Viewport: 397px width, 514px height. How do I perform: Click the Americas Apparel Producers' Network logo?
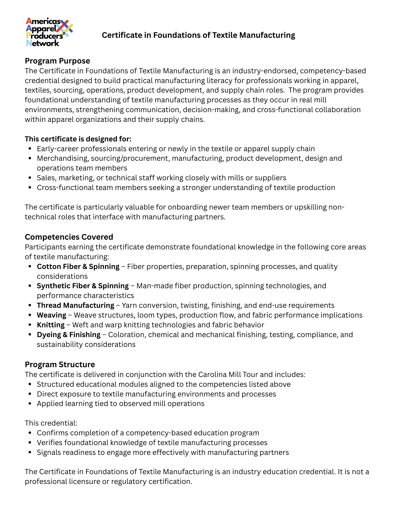[x=49, y=32]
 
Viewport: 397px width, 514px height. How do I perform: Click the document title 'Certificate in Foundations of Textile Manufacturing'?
[x=198, y=35]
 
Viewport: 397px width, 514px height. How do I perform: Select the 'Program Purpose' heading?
[x=57, y=61]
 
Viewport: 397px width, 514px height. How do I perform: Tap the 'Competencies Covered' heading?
[x=69, y=237]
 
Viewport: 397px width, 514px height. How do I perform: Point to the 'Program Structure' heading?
[x=60, y=364]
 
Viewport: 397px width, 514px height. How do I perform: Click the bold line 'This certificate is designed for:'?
[x=78, y=139]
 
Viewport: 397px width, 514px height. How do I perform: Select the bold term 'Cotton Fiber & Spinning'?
[x=78, y=266]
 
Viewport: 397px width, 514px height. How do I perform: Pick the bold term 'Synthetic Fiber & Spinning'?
[x=83, y=286]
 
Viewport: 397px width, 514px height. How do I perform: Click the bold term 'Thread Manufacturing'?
[x=76, y=305]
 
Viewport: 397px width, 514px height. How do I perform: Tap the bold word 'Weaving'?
[x=51, y=315]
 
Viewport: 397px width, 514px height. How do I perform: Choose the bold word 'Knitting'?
[x=51, y=325]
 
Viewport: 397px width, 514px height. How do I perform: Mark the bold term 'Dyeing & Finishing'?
[x=69, y=335]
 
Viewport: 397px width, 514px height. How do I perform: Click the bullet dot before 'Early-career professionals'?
[x=30, y=149]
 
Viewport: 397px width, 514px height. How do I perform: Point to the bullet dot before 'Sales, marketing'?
[x=30, y=178]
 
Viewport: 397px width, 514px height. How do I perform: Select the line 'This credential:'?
[x=51, y=423]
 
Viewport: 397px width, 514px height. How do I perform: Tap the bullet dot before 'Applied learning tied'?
[x=30, y=404]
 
